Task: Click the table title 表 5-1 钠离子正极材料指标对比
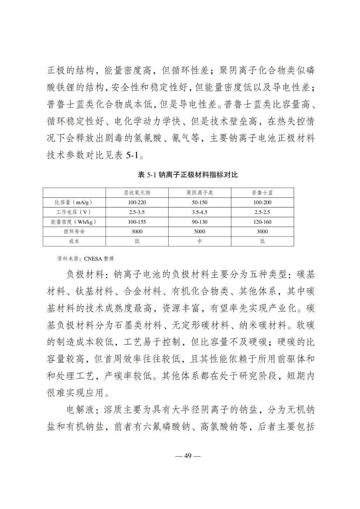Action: pos(188,175)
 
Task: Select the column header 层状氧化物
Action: pos(137,193)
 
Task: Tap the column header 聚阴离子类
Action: pos(200,193)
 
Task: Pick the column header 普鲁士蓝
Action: pos(262,193)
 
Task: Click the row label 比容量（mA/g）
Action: pos(74,202)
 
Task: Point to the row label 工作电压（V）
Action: pos(74,212)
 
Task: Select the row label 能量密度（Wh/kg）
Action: pos(74,222)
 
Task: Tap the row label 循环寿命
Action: pos(74,232)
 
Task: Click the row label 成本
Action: pos(74,241)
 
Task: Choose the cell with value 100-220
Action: pos(137,202)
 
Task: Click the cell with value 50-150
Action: pos(200,202)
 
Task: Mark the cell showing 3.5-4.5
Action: pos(200,212)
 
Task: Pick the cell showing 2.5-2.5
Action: pos(262,212)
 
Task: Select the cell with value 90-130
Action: pos(200,222)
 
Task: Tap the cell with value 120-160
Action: pos(262,222)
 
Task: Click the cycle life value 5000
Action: pos(200,232)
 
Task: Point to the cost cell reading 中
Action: pos(200,241)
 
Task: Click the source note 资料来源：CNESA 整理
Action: pos(85,259)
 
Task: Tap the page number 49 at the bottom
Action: pos(188,456)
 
